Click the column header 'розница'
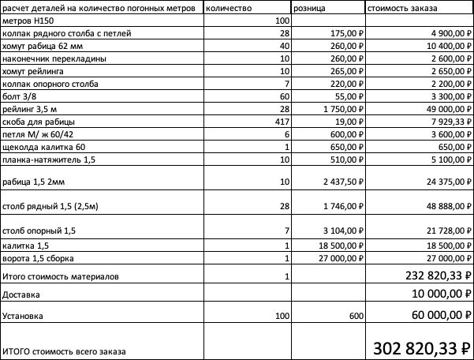click(x=312, y=7)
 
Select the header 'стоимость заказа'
click(x=399, y=7)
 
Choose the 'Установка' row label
click(x=23, y=316)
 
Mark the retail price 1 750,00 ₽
click(x=341, y=107)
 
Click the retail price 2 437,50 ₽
click(x=341, y=182)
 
